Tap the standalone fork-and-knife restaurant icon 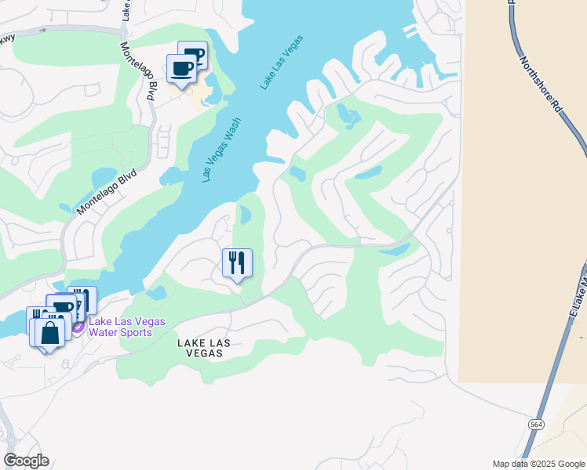click(238, 262)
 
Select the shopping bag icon click(49, 332)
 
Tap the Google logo click(26, 461)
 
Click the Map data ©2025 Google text click(538, 464)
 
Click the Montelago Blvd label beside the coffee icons click(138, 70)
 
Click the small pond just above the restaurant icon click(244, 214)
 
